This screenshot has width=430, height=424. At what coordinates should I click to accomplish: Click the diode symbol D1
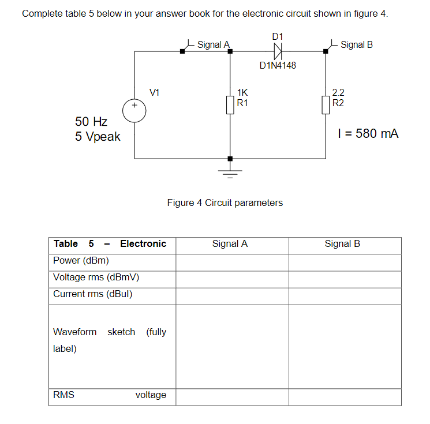278,51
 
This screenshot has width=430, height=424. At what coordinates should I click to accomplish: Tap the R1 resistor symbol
230,104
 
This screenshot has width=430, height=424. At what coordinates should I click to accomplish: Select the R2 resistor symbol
326,104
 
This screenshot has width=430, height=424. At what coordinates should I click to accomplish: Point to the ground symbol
230,170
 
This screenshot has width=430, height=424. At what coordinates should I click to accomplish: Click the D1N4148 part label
278,65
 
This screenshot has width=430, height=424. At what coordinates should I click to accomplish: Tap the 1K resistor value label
242,92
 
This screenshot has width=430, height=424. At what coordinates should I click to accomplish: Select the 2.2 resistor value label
338,92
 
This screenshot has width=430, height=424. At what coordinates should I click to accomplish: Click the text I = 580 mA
368,134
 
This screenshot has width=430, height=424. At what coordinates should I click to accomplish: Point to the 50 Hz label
91,122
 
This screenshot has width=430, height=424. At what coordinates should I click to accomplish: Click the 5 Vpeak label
98,137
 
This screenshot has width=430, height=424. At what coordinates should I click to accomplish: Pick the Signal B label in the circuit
357,44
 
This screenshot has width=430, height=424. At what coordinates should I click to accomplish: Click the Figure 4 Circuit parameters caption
225,202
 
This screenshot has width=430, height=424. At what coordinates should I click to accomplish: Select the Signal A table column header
230,243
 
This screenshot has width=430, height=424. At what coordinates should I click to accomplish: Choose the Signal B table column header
342,243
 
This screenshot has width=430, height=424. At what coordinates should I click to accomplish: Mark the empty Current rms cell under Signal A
232,294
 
